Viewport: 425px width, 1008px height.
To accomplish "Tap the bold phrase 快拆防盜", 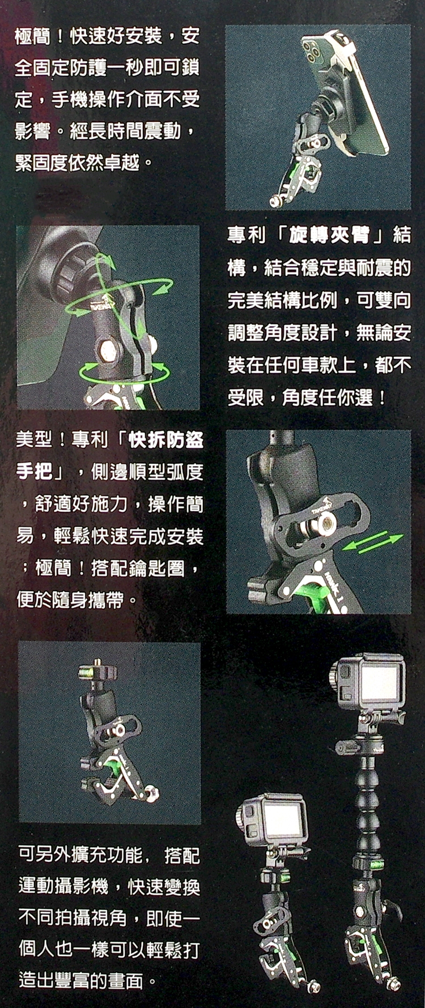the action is pyautogui.click(x=166, y=439).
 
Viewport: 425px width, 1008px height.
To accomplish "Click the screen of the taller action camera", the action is pyautogui.click(x=380, y=683).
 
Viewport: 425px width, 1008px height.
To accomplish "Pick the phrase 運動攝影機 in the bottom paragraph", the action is pyautogui.click(x=63, y=886).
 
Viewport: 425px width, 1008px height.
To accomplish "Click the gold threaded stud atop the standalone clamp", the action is pyautogui.click(x=98, y=663).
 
